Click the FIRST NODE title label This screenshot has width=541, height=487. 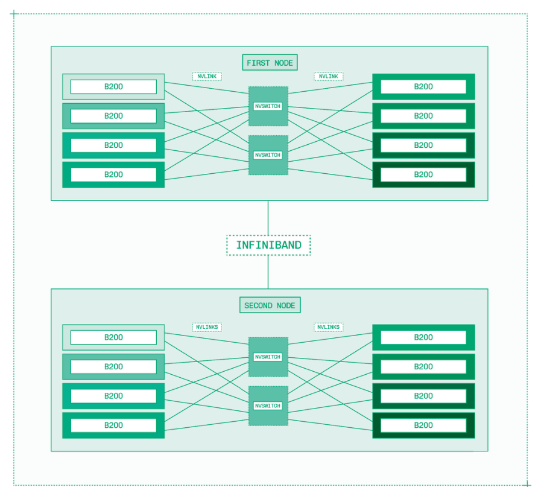click(270, 62)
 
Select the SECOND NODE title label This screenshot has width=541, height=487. click(270, 305)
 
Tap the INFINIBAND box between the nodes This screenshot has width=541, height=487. click(268, 245)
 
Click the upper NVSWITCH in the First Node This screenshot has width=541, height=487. click(268, 106)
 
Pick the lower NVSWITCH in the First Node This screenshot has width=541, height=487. click(268, 155)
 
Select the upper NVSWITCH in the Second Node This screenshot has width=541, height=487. click(268, 357)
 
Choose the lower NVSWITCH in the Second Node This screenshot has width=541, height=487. click(268, 406)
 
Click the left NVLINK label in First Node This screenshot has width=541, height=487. click(207, 77)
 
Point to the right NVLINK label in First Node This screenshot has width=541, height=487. click(328, 77)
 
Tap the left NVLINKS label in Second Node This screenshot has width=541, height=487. click(207, 327)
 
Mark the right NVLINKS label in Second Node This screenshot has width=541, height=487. click(328, 327)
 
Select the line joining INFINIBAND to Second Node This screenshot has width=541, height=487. click(268, 272)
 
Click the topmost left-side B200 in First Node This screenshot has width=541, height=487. click(113, 86)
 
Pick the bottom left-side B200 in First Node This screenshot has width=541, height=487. click(113, 174)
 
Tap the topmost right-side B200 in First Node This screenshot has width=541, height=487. click(423, 86)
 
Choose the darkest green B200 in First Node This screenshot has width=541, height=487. click(423, 174)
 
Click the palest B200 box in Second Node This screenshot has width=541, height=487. click(113, 337)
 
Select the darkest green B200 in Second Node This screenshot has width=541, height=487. click(423, 425)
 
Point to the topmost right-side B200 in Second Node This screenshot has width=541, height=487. click(423, 337)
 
